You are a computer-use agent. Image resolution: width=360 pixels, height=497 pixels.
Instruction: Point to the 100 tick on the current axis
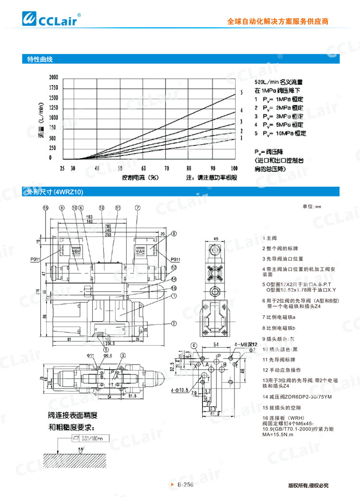(x=234, y=169)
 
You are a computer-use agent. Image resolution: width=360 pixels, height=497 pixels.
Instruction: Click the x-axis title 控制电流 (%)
(x=141, y=177)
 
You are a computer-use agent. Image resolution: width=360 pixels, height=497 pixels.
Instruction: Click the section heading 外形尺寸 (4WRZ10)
(x=55, y=192)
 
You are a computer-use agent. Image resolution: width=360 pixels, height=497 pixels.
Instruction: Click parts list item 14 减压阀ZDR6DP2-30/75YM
(x=297, y=397)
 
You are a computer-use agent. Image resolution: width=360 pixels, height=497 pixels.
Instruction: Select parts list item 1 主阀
(x=270, y=238)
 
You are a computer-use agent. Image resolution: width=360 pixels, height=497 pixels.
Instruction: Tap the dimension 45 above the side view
(x=216, y=239)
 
